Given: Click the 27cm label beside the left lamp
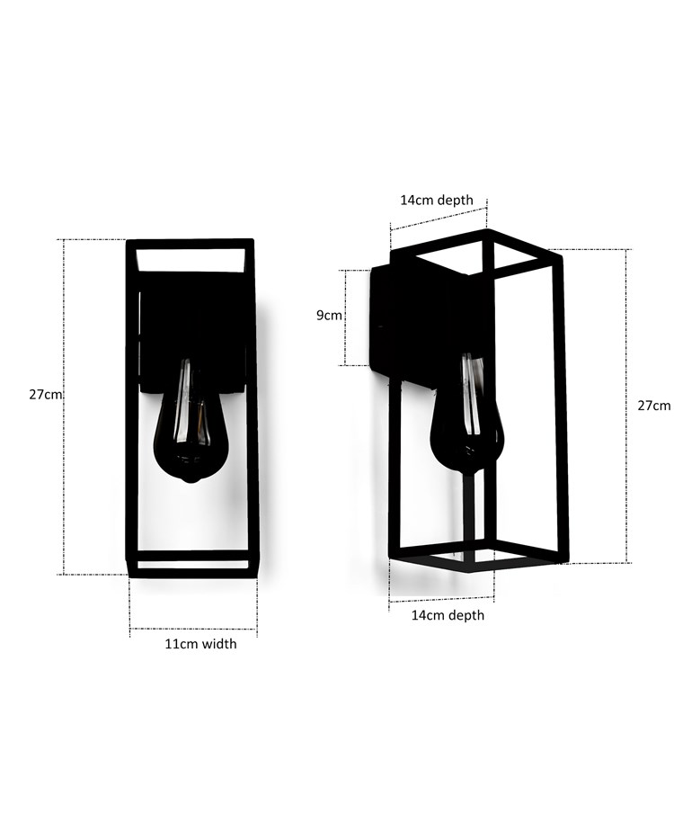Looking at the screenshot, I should coord(44,395).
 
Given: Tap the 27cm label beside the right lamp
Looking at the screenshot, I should coord(653,406).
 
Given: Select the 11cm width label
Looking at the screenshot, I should coord(200,644).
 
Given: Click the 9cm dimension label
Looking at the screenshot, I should coord(329,316).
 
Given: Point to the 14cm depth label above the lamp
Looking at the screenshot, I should coord(437,200).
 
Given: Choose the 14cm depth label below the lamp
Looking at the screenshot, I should coord(448,615).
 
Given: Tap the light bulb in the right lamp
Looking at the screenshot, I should coord(467,418).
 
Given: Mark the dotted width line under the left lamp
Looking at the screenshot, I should coord(193,629).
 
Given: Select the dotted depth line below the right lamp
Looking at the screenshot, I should coord(442,599).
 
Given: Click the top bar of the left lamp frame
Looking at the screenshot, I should coord(190,243).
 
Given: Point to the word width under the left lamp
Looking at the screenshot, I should coord(219,644).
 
